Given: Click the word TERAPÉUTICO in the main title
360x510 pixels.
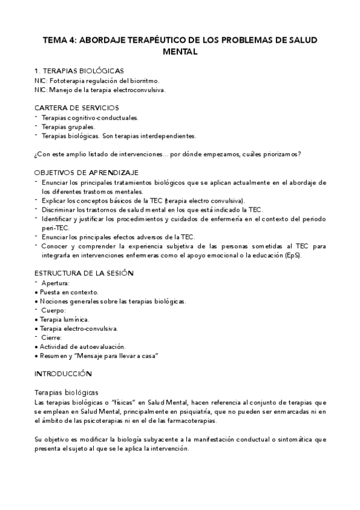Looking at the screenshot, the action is coord(148,40).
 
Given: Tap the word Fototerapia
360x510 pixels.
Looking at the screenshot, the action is coord(68,80).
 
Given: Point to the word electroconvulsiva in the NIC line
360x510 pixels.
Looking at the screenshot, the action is coord(138,90).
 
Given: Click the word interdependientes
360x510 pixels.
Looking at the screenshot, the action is coord(169,136).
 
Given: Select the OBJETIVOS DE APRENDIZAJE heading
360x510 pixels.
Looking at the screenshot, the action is coord(87,172).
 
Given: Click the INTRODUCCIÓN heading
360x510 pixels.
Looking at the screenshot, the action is coord(63,373).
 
